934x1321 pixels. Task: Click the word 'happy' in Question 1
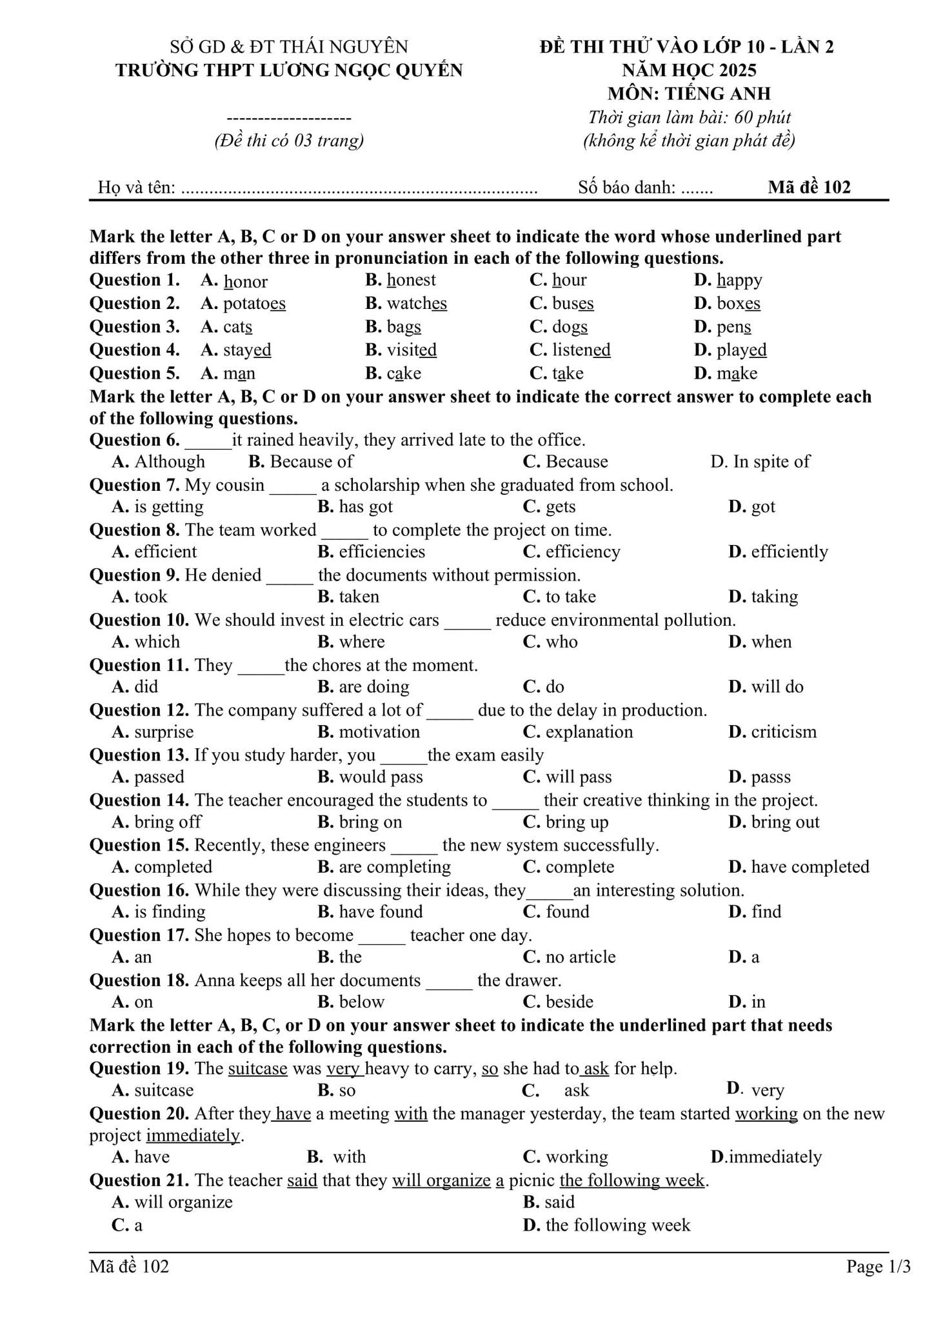(x=739, y=281)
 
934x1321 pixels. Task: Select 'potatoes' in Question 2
(x=254, y=304)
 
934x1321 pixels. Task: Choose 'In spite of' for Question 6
(x=771, y=462)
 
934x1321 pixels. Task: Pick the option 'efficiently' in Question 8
(x=789, y=552)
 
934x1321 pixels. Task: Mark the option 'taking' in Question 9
(x=774, y=597)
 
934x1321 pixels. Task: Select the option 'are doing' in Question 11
(x=374, y=687)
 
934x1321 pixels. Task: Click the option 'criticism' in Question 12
(x=783, y=732)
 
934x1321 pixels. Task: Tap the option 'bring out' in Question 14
(x=785, y=822)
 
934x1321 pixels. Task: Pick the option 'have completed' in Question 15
(x=810, y=867)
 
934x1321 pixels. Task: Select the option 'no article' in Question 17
(x=580, y=957)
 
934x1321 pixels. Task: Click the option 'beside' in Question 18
(x=569, y=1002)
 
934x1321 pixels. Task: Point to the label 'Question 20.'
(x=139, y=1114)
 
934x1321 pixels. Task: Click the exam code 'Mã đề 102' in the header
(x=809, y=188)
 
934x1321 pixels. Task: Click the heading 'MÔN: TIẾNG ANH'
(x=688, y=94)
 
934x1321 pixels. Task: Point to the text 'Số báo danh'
(x=626, y=188)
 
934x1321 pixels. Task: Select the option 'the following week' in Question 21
(x=617, y=1226)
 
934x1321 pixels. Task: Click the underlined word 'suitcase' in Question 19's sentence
(x=257, y=1069)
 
